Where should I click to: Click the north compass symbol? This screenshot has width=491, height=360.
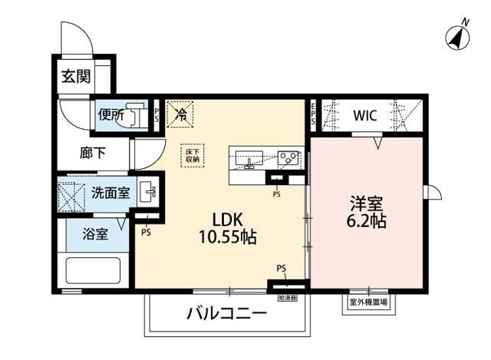click(458, 35)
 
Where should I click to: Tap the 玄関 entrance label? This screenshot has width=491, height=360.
click(76, 77)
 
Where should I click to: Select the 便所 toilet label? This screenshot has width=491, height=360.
click(110, 115)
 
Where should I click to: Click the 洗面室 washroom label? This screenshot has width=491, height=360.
click(110, 193)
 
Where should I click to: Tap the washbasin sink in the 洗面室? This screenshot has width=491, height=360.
click(148, 193)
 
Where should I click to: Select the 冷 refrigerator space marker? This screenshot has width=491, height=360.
click(182, 114)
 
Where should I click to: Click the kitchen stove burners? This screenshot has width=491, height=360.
click(290, 159)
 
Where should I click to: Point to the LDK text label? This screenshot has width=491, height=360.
click(222, 217)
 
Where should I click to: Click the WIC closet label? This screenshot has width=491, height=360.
click(364, 117)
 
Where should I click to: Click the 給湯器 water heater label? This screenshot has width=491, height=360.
click(287, 296)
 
